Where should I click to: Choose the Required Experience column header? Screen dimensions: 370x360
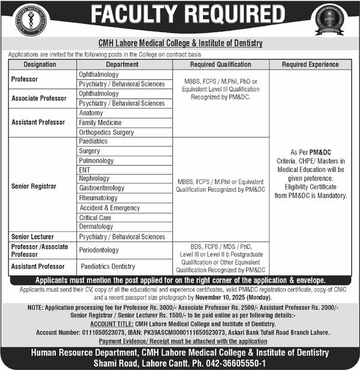click(x=311, y=64)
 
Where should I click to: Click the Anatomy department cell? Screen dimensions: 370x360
click(x=91, y=113)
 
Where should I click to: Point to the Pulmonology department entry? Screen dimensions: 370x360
click(x=96, y=161)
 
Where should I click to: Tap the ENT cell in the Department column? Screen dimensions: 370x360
click(x=85, y=170)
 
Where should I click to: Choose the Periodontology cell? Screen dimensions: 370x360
click(x=99, y=250)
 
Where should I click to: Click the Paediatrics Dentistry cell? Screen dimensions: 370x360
click(x=108, y=266)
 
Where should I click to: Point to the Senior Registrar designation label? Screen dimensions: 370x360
click(x=34, y=186)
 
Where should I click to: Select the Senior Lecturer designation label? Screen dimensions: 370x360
click(x=33, y=237)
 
